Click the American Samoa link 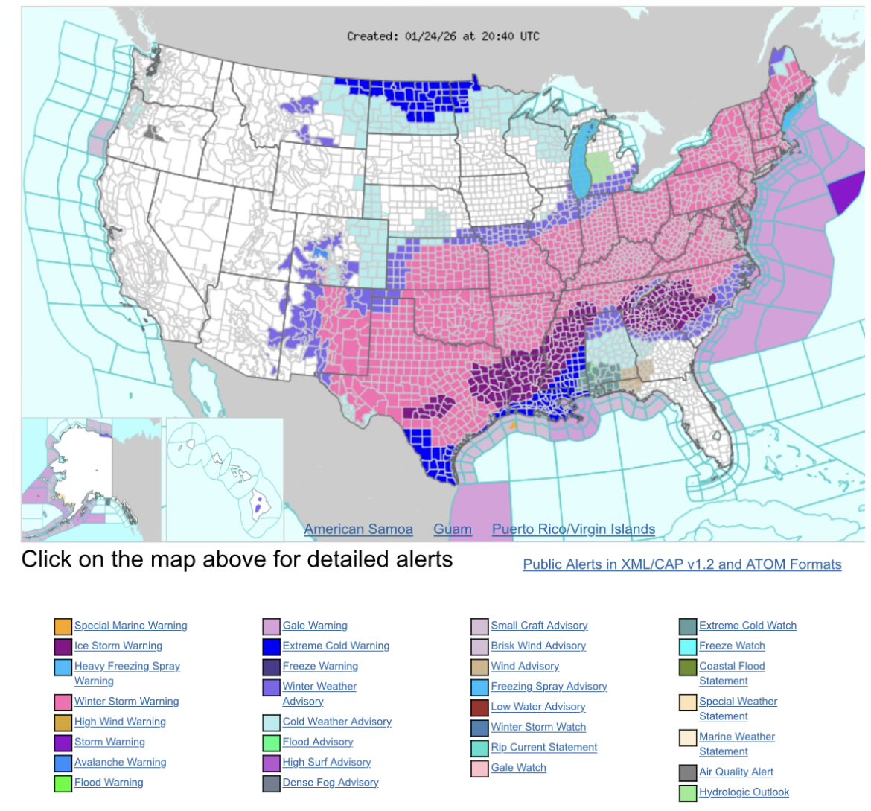coord(358,529)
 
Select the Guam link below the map coord(453,529)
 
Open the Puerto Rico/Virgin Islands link coord(573,529)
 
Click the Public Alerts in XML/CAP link coord(682,564)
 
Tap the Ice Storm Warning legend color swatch coord(63,646)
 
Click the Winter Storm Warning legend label coord(127,701)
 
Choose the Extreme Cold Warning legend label coord(336,646)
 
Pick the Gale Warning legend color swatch coord(272,626)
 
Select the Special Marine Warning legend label coord(131,626)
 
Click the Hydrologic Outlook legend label coord(744,792)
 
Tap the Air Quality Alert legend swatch coord(688,773)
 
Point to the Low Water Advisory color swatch coord(480,707)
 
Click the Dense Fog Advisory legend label coord(331,782)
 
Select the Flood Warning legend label coord(109,782)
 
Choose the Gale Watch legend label coord(518,767)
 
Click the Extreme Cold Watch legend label coord(747,626)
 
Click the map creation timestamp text coord(443,36)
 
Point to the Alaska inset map coord(82,477)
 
